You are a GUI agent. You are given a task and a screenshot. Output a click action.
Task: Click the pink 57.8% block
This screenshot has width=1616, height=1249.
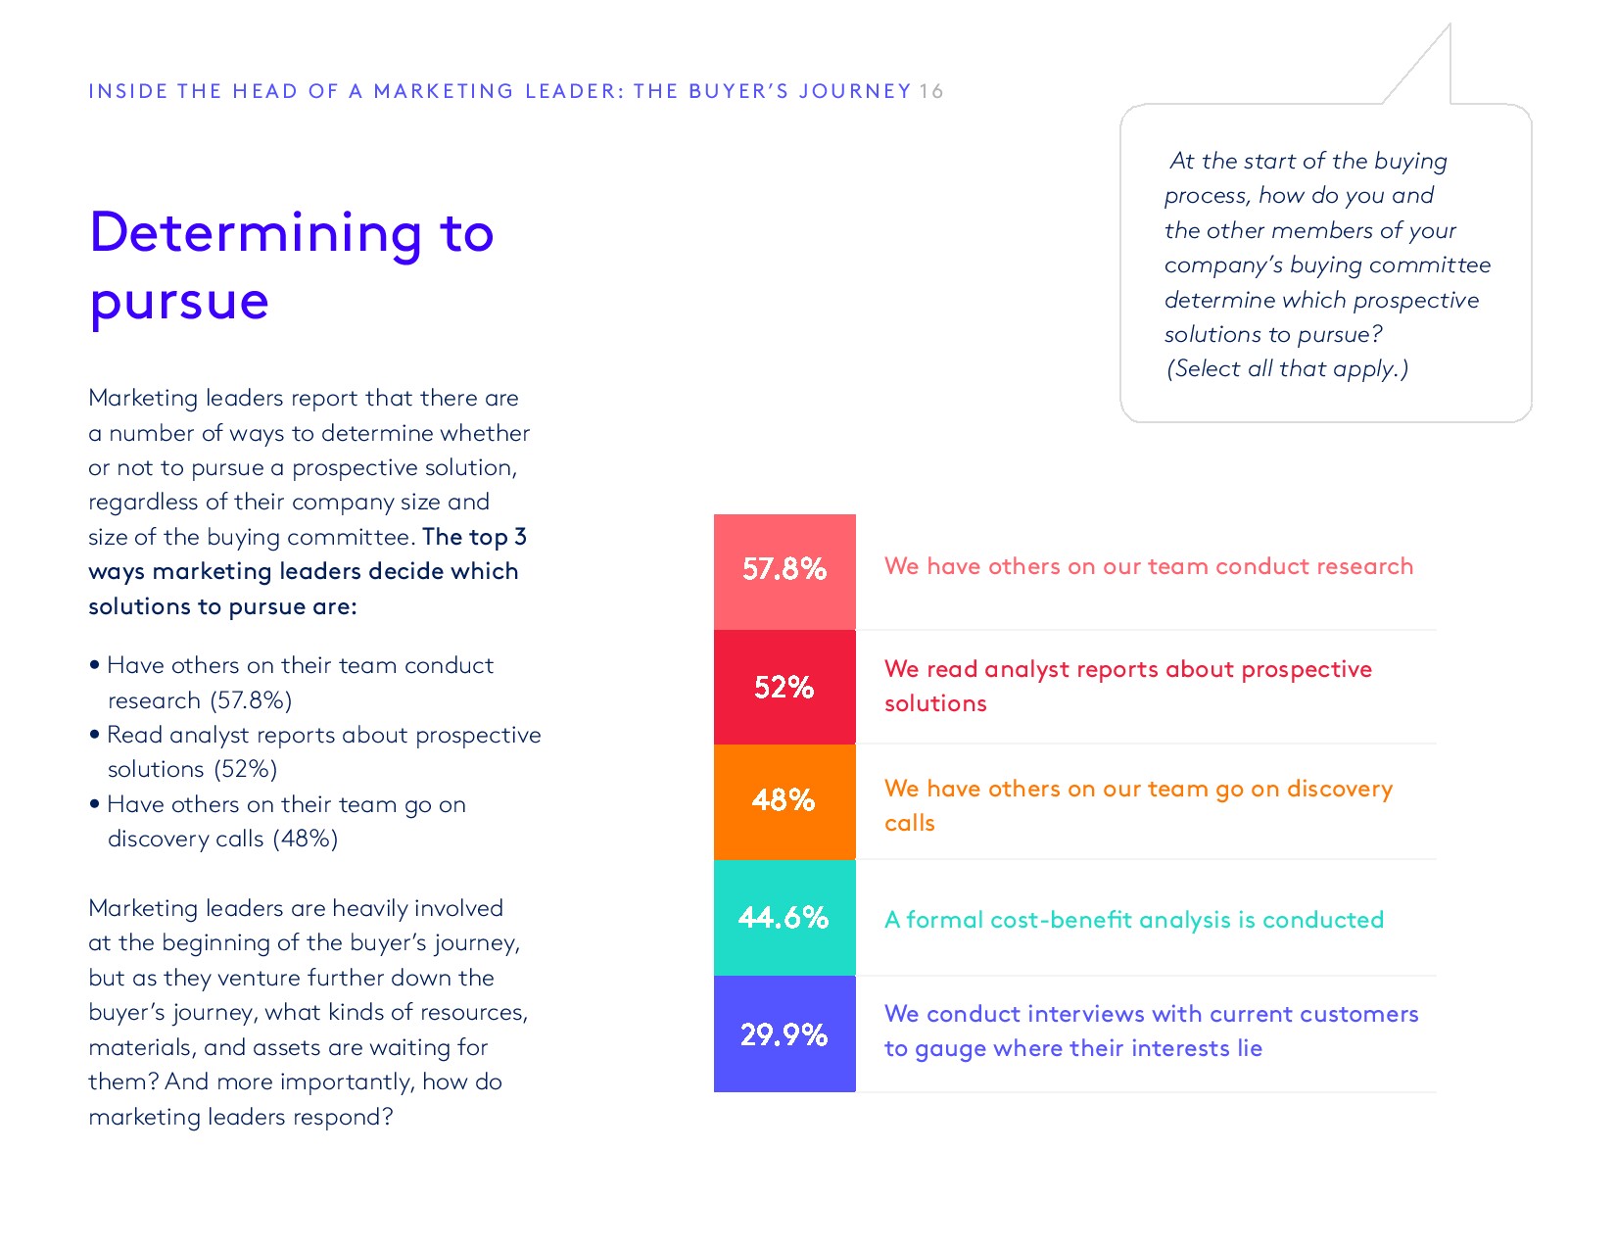tap(784, 570)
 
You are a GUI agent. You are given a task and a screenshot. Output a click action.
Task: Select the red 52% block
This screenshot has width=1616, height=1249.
tap(784, 687)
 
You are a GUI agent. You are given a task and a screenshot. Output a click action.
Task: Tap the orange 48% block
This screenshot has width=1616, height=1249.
tap(784, 800)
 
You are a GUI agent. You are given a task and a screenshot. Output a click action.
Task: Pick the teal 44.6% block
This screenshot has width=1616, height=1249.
tap(784, 918)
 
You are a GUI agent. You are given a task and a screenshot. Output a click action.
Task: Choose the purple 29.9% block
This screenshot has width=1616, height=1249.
tap(784, 1033)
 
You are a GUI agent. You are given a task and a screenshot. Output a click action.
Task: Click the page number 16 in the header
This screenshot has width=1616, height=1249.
tap(930, 91)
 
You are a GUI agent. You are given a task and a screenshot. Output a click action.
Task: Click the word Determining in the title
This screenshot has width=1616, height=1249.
tap(256, 234)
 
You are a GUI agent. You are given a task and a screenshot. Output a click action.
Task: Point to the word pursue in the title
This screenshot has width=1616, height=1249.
tap(179, 301)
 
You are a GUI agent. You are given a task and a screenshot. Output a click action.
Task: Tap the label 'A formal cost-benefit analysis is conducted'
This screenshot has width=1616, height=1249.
tap(1133, 920)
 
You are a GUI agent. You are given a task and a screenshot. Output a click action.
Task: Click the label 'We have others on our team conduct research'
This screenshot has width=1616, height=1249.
tap(1148, 566)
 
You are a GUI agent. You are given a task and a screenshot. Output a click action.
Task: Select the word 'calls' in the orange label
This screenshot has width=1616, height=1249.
tap(909, 823)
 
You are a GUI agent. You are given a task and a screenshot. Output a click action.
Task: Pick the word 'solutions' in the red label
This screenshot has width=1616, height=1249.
tap(935, 703)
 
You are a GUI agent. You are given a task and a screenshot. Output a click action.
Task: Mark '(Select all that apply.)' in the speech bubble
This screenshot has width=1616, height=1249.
tap(1287, 369)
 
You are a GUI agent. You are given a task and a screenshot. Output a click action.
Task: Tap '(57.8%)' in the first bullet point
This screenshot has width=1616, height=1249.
tap(251, 700)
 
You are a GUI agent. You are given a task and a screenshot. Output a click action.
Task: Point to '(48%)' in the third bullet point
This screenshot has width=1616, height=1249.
tap(306, 840)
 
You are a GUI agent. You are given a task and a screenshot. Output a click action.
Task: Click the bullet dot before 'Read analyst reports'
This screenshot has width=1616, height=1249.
tap(95, 734)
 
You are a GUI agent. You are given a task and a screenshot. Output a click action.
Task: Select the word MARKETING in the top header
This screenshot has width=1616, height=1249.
tap(444, 91)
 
